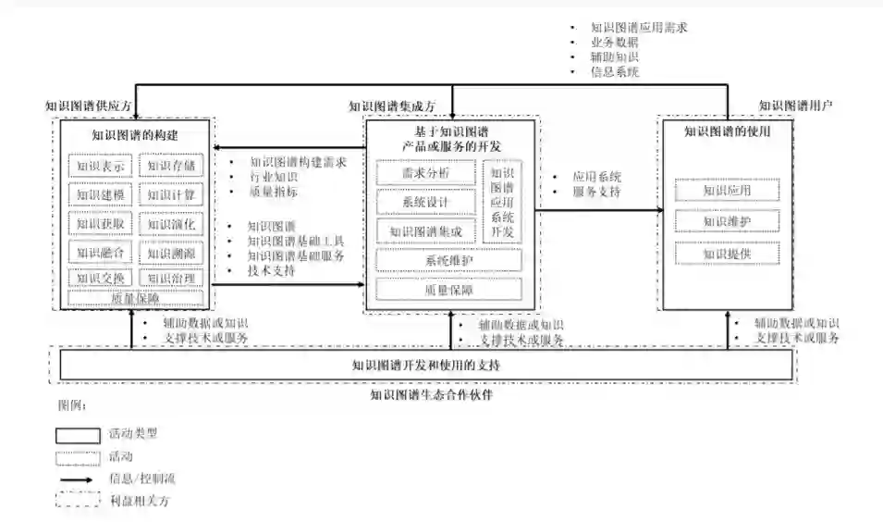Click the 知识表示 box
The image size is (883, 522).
coord(101,168)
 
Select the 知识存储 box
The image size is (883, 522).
coord(171,168)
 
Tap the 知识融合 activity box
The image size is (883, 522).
coord(101,252)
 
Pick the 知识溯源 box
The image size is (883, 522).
coord(171,252)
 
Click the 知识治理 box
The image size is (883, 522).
coord(171,278)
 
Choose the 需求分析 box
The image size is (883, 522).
coord(425,173)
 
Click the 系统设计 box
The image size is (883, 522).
coord(425,202)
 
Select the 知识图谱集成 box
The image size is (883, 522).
coord(425,231)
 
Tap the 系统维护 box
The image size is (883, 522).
coord(448,261)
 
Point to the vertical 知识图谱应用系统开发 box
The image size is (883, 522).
coord(502,202)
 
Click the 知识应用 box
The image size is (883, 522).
coord(727,191)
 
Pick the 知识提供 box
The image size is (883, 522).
coord(727,254)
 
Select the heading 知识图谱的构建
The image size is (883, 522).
coord(135,135)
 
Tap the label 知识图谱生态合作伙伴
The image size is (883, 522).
coord(431,394)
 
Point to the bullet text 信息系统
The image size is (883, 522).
coord(615,72)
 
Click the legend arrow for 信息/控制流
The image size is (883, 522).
coord(77,479)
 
